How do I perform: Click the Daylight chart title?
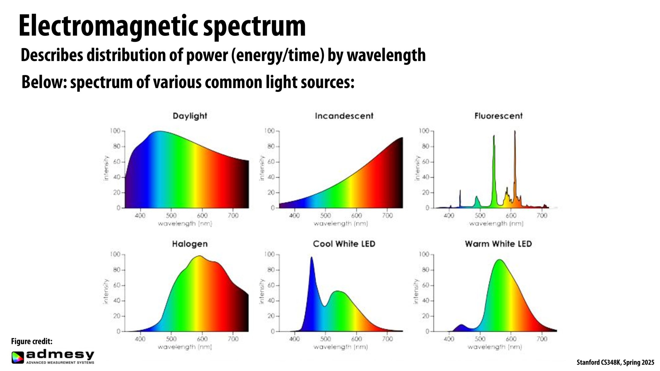pos(190,116)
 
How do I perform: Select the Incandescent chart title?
pos(344,116)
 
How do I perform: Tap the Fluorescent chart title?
pos(498,116)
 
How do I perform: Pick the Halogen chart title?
pos(190,244)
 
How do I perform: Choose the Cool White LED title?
pos(344,244)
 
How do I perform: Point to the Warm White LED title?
pos(498,244)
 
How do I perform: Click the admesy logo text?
pos(60,354)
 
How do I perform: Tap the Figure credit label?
pos(32,341)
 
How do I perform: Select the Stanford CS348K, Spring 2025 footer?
pos(615,362)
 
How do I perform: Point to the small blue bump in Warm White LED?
pos(461,326)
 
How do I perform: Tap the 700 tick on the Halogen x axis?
pos(233,339)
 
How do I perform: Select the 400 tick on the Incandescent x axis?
pos(294,215)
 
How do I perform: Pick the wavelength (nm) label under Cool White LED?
pos(341,347)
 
